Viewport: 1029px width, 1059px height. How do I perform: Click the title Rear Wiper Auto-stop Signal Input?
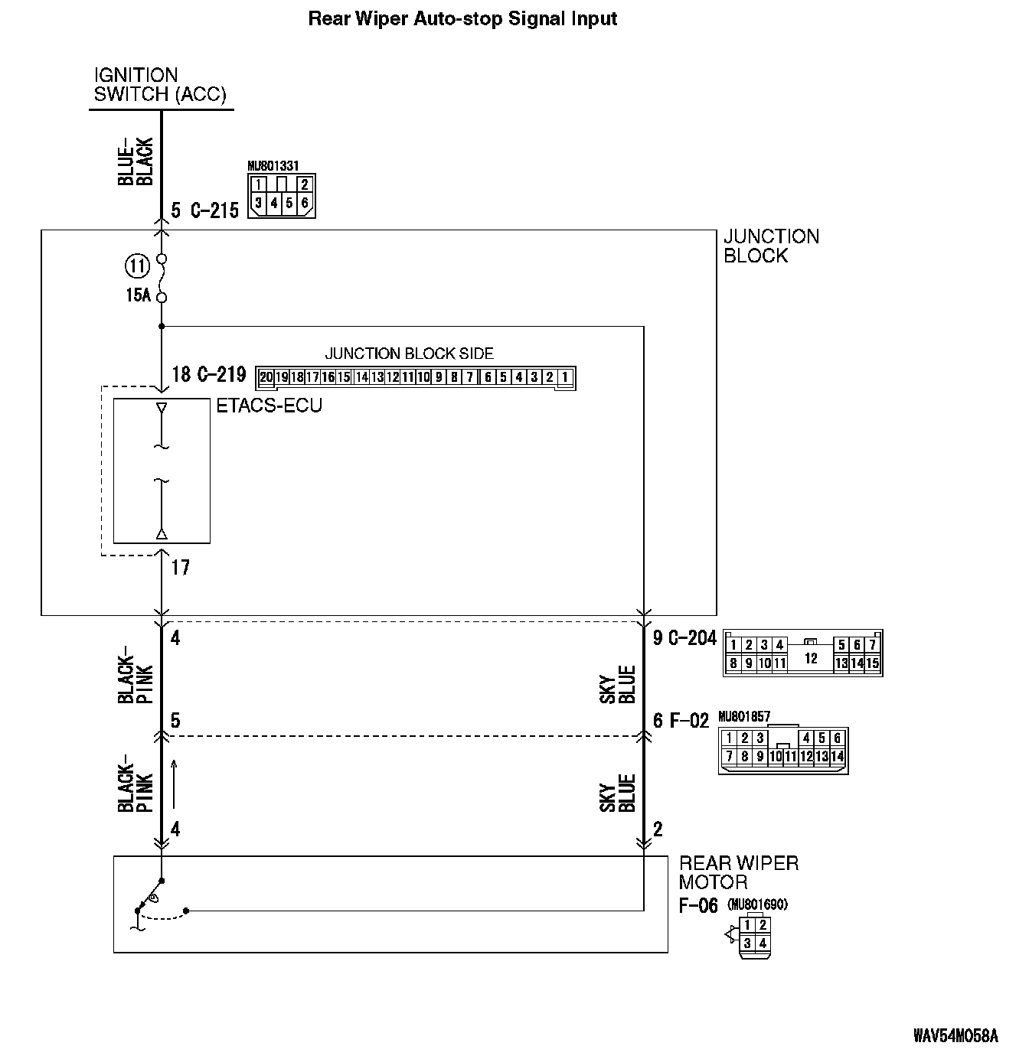[x=462, y=18]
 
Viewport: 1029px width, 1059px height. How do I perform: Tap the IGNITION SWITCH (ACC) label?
[x=159, y=85]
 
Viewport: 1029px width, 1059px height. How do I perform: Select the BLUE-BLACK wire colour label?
[x=136, y=161]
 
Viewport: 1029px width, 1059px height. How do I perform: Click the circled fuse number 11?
[x=137, y=266]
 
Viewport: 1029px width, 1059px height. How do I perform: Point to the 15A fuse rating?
[x=138, y=295]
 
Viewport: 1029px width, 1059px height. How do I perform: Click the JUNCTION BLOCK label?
[x=770, y=246]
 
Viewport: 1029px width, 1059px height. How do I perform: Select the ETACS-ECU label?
[x=269, y=406]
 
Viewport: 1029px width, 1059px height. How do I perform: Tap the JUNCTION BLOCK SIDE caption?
[x=409, y=354]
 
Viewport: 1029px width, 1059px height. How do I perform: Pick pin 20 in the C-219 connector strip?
[x=266, y=377]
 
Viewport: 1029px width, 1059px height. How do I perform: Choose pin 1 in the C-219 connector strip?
[x=564, y=377]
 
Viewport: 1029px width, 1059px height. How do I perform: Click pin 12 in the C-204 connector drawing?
[x=811, y=657]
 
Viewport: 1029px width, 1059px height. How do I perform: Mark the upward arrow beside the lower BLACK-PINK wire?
[x=174, y=784]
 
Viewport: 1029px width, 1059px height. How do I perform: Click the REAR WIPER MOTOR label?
[x=738, y=872]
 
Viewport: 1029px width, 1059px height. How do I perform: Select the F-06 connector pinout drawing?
[x=753, y=934]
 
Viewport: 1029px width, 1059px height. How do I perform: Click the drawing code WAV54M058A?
[x=955, y=1036]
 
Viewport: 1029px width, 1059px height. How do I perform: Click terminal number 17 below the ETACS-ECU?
[x=180, y=568]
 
